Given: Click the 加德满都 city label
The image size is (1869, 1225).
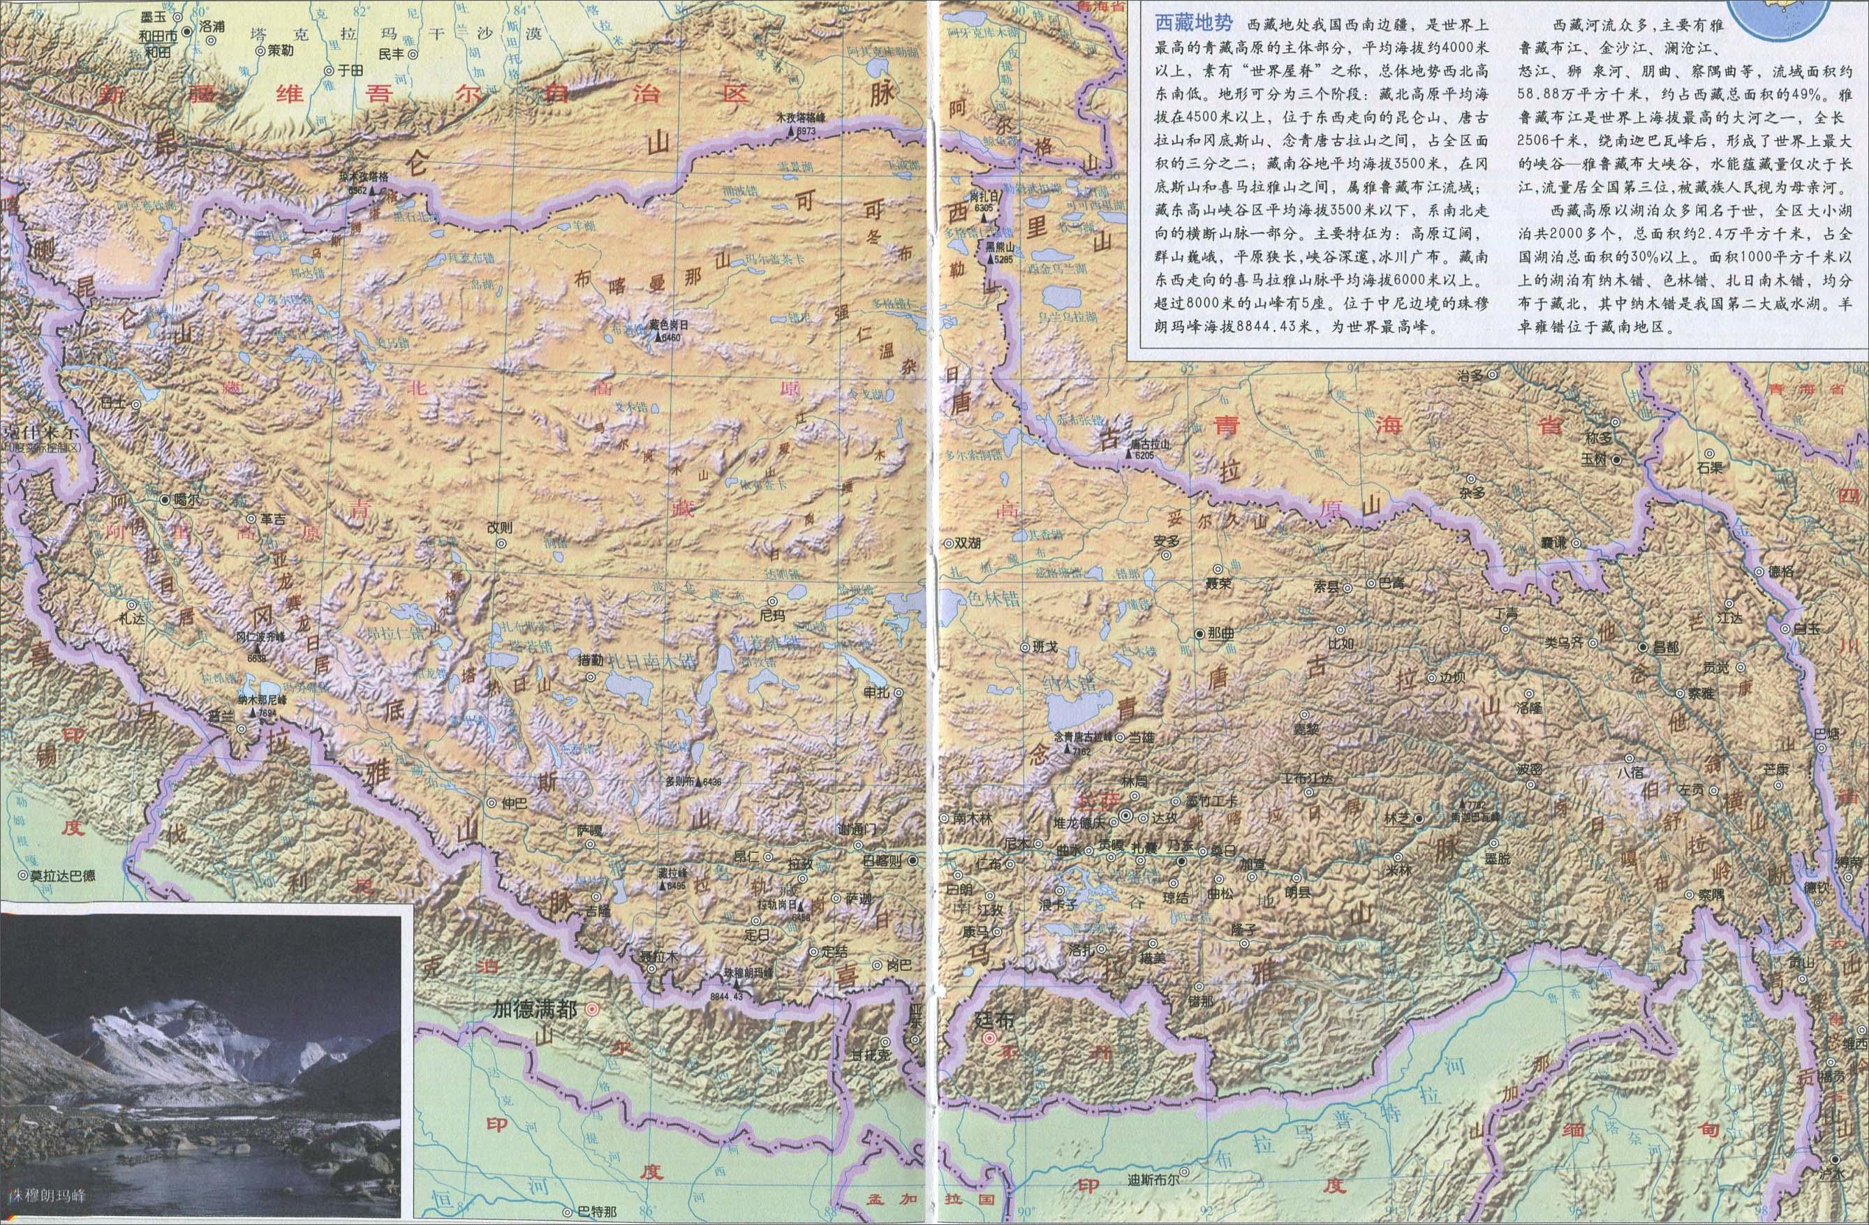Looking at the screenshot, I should click(533, 1009).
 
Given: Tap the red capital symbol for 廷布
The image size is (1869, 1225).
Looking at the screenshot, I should click(989, 1039).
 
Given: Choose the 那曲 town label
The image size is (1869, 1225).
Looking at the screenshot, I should click(1221, 633).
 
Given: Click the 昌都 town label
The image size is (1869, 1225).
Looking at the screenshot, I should click(1666, 647).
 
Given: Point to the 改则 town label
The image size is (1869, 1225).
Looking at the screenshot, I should click(498, 527).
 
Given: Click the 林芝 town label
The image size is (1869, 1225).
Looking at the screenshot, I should click(1396, 818).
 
